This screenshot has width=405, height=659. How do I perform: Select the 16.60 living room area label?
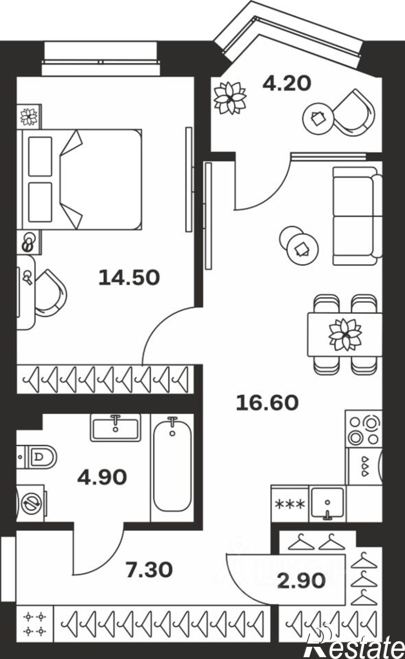click(267, 403)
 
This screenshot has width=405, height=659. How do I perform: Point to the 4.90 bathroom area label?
click(102, 477)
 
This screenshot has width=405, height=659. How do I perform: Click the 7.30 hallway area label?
click(149, 570)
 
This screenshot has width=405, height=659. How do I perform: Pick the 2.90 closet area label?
click(301, 581)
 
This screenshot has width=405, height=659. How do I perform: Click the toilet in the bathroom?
click(40, 457)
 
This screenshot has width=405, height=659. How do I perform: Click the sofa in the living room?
click(357, 216)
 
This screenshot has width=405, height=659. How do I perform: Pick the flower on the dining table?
click(345, 334)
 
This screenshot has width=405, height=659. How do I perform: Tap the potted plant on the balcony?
click(230, 98)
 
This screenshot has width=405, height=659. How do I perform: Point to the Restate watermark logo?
click(354, 646)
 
